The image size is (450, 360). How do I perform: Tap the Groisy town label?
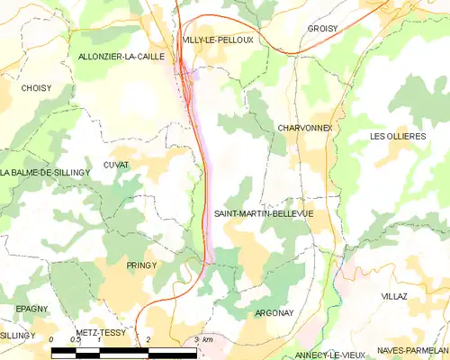323,29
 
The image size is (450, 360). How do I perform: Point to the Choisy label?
35,88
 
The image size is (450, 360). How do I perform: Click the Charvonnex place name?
305,128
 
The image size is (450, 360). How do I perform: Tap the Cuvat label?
116,165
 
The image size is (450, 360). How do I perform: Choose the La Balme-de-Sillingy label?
46,172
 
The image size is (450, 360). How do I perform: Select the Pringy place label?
142,265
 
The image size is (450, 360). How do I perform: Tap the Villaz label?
394,295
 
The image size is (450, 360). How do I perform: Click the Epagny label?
31,309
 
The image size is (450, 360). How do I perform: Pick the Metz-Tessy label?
101,332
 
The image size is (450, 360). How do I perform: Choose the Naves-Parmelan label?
413,349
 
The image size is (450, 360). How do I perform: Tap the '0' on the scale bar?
52,340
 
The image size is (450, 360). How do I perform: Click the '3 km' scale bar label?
202,340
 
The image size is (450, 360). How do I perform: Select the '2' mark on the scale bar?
148,340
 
